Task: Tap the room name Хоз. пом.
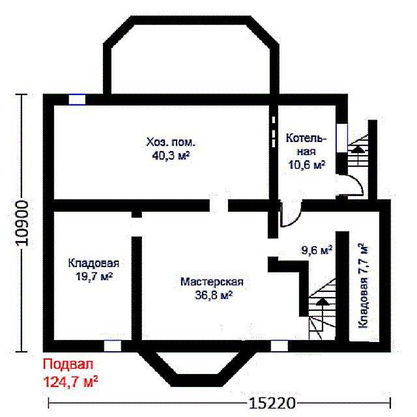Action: [x=171, y=143]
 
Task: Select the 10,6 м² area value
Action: [x=307, y=165]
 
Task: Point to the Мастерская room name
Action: [x=212, y=281]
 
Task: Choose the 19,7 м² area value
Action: [x=94, y=276]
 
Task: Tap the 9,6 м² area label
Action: [x=317, y=250]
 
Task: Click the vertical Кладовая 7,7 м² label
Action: [x=364, y=285]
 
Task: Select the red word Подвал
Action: [x=68, y=364]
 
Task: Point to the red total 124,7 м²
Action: [x=70, y=382]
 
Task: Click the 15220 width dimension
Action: [x=272, y=403]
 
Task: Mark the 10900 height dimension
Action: [x=22, y=223]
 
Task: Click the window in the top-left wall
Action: [x=77, y=100]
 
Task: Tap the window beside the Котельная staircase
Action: [x=341, y=138]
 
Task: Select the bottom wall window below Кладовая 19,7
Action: [x=113, y=346]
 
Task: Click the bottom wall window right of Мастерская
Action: [x=280, y=346]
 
